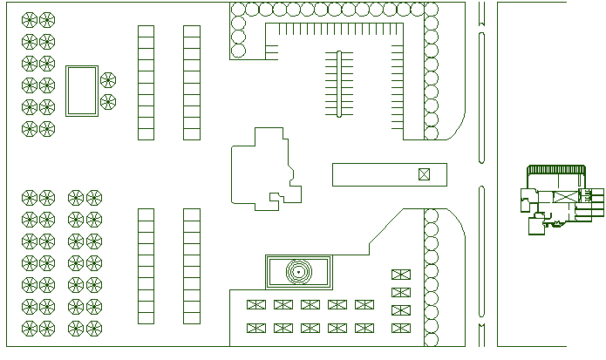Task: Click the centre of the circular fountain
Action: [297, 273]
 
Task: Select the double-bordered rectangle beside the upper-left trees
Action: [82, 91]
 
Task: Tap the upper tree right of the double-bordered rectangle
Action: [108, 81]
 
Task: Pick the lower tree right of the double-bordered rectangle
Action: [108, 102]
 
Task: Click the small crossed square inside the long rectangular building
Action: [424, 174]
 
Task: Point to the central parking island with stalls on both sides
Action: [338, 84]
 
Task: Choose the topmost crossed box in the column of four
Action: [400, 275]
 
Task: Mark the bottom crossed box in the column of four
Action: [400, 328]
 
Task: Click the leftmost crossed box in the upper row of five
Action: [256, 304]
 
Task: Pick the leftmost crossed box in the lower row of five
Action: [256, 328]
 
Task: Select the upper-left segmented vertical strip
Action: [146, 83]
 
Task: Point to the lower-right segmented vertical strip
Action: [192, 266]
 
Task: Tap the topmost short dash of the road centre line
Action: [480, 12]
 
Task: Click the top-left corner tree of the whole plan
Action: [29, 20]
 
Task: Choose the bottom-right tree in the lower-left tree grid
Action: [93, 328]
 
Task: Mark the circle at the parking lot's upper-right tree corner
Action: [431, 9]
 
